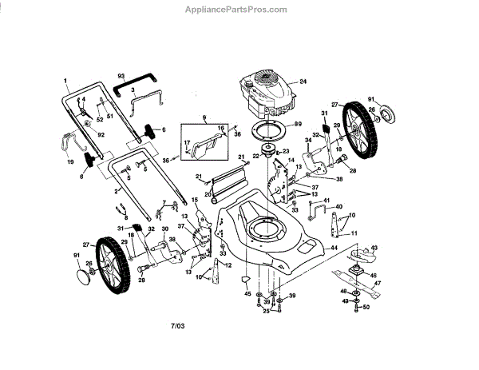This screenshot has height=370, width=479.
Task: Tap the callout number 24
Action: click(x=303, y=82)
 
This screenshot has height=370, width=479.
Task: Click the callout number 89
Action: click(x=297, y=124)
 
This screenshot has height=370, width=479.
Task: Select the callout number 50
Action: click(x=366, y=306)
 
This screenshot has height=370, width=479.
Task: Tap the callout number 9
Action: click(x=204, y=119)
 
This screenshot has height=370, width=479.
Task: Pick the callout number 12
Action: click(x=228, y=265)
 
